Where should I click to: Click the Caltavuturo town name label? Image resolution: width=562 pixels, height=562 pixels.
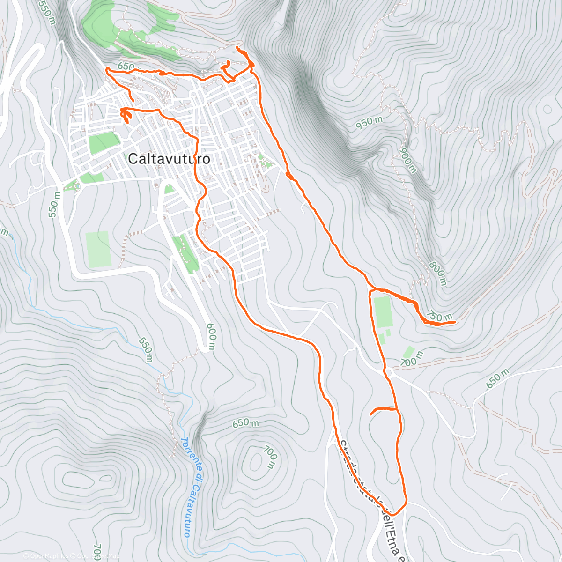pyautogui.click(x=169, y=159)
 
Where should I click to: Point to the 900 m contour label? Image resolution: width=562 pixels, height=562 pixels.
pyautogui.click(x=408, y=160)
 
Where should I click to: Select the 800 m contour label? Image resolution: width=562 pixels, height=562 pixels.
pyautogui.click(x=438, y=274)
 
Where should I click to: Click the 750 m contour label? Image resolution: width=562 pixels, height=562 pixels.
pyautogui.click(x=439, y=317)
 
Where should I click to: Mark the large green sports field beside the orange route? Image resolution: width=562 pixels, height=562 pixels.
pyautogui.click(x=383, y=311)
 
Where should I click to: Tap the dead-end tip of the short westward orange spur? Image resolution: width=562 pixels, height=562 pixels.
pyautogui.click(x=371, y=414)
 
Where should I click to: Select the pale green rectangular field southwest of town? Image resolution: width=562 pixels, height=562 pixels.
pyautogui.click(x=98, y=249)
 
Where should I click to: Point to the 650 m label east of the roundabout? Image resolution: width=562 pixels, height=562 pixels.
pyautogui.click(x=497, y=378)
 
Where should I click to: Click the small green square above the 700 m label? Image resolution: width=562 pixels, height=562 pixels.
pyautogui.click(x=409, y=352)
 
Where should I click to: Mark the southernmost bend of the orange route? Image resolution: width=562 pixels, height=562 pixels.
pyautogui.click(x=396, y=513)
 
